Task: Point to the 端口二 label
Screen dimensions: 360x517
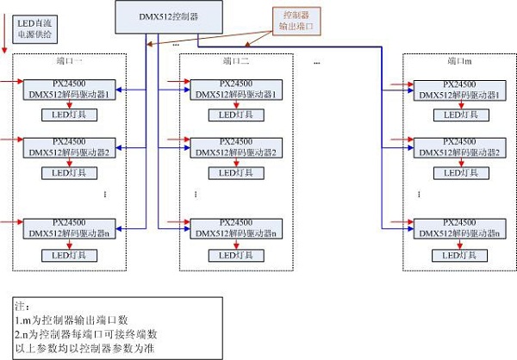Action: coord(234,62)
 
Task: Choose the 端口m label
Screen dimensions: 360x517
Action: coord(459,62)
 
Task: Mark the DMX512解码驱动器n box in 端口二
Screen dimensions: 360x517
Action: coord(235,227)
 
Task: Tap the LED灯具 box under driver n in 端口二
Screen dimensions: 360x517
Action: coord(235,256)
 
